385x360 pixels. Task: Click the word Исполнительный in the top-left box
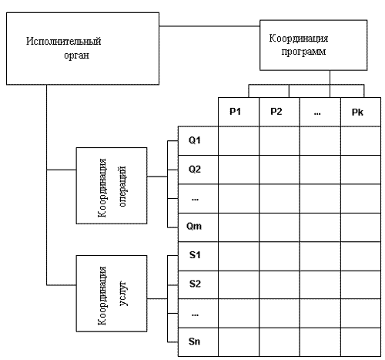[x=64, y=41]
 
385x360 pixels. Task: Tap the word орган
[x=77, y=56]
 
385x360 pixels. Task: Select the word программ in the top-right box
[x=303, y=52]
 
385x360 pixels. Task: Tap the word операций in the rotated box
[x=122, y=187]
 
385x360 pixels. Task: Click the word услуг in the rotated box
[x=123, y=294]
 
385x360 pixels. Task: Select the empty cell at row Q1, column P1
[x=239, y=141]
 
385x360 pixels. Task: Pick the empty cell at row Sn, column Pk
[x=360, y=342]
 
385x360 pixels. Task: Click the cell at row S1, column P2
[x=280, y=256]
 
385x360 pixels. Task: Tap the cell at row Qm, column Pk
[x=360, y=227]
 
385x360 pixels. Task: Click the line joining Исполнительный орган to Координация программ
[x=209, y=26]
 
